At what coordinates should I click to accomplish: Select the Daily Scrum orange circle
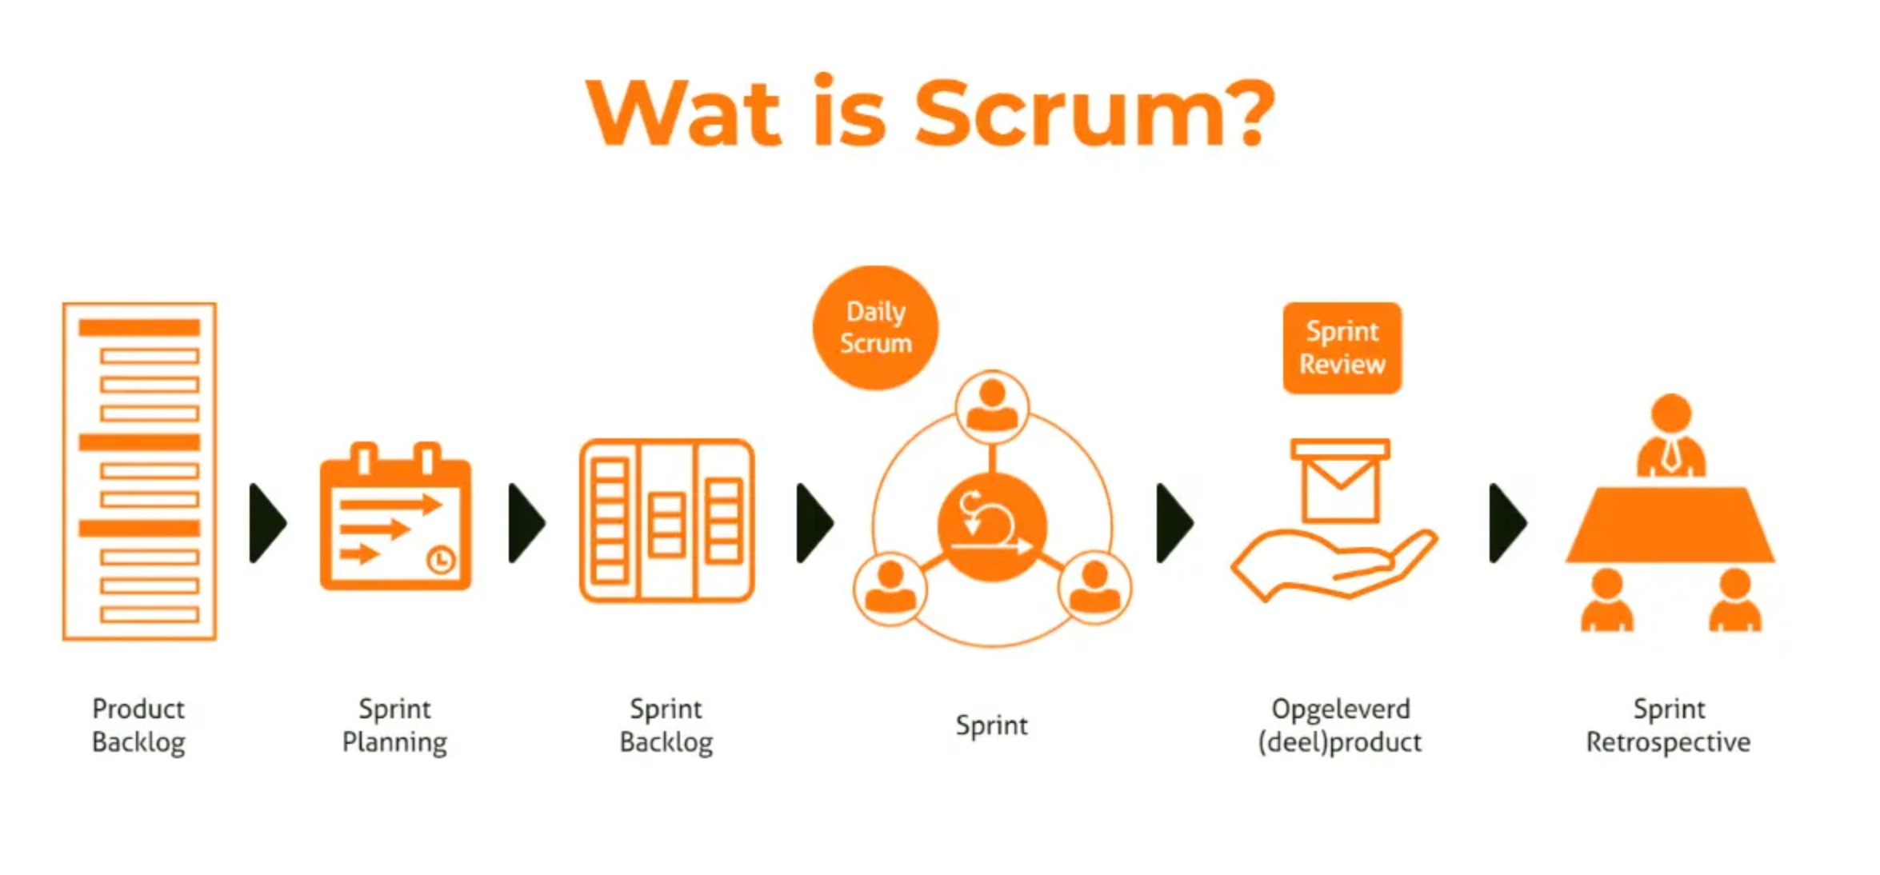pyautogui.click(x=875, y=328)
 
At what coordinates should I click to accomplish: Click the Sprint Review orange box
pyautogui.click(x=1342, y=348)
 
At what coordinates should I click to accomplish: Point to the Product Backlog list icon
pyautogui.click(x=139, y=471)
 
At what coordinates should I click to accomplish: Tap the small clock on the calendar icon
pyautogui.click(x=441, y=559)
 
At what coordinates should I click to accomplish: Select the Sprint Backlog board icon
pyautogui.click(x=666, y=520)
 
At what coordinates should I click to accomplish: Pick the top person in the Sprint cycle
pyautogui.click(x=992, y=406)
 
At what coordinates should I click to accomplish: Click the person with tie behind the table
pyautogui.click(x=1670, y=436)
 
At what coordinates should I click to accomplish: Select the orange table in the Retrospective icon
pyautogui.click(x=1670, y=525)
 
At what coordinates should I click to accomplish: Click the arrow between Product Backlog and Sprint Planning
pyautogui.click(x=267, y=523)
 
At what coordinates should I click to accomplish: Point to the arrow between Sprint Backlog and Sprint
pyautogui.click(x=814, y=523)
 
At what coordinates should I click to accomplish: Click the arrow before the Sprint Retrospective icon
pyautogui.click(x=1507, y=523)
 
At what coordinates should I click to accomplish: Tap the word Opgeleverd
pyautogui.click(x=1341, y=709)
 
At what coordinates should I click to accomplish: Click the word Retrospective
pyautogui.click(x=1668, y=742)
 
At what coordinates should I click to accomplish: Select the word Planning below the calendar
pyautogui.click(x=394, y=742)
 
